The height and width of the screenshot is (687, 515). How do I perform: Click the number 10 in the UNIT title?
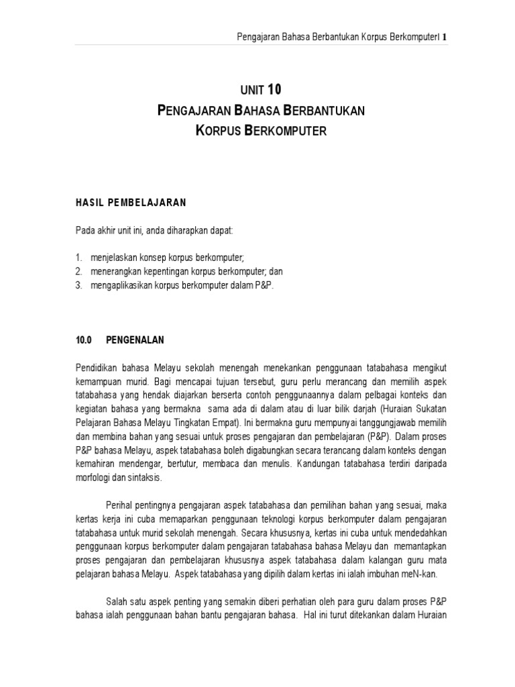click(x=275, y=89)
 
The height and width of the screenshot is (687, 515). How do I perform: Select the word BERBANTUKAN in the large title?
click(x=320, y=110)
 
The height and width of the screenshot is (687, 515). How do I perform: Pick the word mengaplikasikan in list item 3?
click(x=120, y=285)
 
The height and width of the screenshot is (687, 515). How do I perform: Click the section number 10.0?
click(x=84, y=339)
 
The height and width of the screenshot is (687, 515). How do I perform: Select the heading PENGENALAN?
click(x=135, y=339)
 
